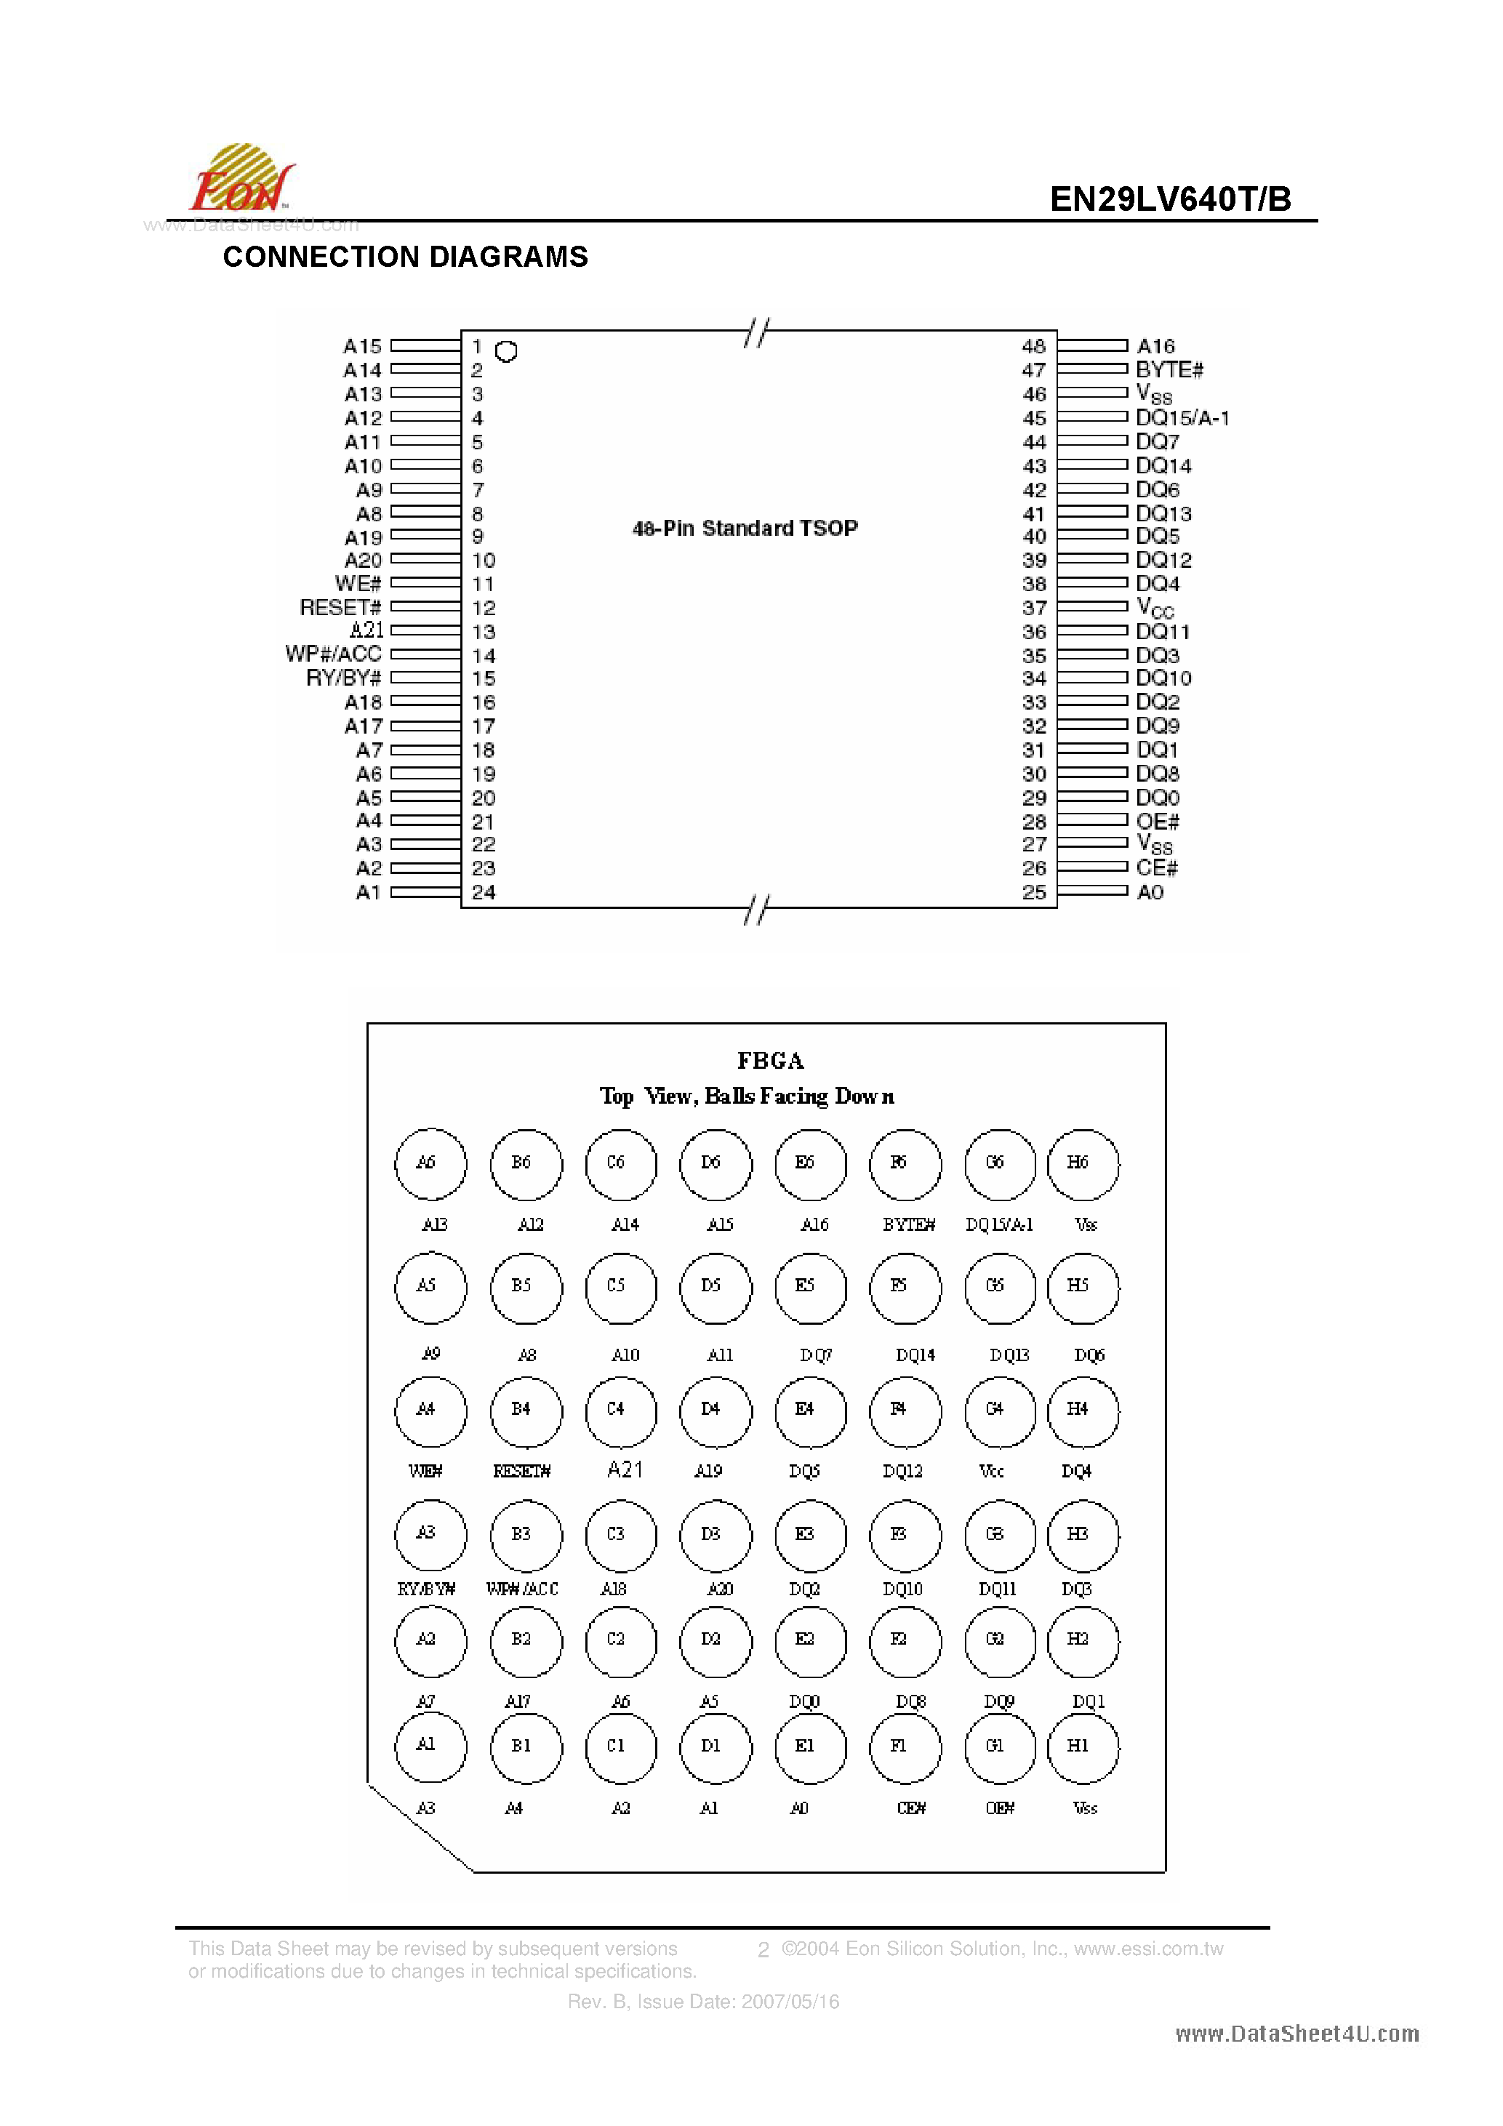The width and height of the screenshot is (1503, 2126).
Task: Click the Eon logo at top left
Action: pyautogui.click(x=241, y=180)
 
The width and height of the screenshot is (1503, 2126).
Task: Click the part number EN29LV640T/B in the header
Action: pyautogui.click(x=1170, y=199)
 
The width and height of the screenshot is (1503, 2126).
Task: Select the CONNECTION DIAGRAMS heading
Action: pyautogui.click(x=406, y=257)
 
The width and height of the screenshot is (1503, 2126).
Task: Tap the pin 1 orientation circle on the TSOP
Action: pyautogui.click(x=505, y=352)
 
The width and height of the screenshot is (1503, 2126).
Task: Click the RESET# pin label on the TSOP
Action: pyautogui.click(x=340, y=607)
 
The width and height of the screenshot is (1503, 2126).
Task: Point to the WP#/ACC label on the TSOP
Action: pyautogui.click(x=333, y=654)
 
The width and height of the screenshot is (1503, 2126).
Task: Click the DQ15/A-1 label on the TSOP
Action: pyautogui.click(x=1182, y=417)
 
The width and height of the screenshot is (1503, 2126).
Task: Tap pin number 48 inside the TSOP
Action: pyautogui.click(x=1033, y=346)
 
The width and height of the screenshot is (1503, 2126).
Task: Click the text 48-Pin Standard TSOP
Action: pyautogui.click(x=745, y=528)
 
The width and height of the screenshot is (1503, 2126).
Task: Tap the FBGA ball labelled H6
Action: pyautogui.click(x=1083, y=1164)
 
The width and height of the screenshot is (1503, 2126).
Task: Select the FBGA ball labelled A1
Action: pyautogui.click(x=430, y=1747)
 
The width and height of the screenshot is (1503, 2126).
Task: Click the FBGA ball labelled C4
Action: pyautogui.click(x=620, y=1411)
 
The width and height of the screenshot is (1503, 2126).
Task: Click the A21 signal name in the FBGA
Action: pyautogui.click(x=625, y=1469)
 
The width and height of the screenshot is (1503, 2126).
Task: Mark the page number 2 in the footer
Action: pyautogui.click(x=763, y=1950)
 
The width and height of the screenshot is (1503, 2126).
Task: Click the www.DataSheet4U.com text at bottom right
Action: pyautogui.click(x=1296, y=2034)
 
